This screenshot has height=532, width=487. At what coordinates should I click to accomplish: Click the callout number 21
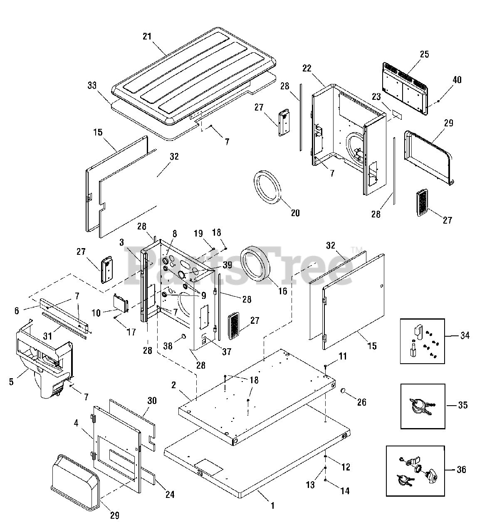147,36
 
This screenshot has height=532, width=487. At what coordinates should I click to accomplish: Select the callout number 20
295,213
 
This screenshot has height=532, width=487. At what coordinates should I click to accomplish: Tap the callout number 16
283,291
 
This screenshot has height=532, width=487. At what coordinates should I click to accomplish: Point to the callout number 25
424,54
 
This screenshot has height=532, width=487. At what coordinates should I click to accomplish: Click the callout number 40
457,80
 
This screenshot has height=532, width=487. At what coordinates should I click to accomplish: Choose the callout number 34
465,335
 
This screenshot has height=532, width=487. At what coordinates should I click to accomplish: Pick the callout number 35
463,405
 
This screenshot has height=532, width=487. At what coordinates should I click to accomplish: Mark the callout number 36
461,470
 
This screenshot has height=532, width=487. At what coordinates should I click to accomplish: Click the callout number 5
11,381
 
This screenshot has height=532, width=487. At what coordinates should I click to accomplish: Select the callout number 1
273,506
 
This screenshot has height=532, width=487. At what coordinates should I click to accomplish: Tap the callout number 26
362,402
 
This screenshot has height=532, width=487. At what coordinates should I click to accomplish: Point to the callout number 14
345,491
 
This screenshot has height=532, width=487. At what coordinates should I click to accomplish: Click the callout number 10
96,313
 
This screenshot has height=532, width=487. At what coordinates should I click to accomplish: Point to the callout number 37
226,352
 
